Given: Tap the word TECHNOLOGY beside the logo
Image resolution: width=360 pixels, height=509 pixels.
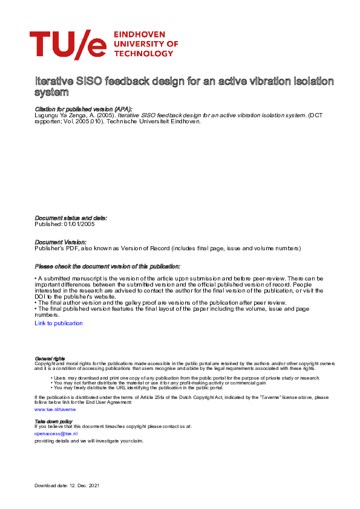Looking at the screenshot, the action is click(x=142, y=53).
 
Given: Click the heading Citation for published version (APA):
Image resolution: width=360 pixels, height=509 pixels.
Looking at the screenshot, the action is click(x=83, y=109).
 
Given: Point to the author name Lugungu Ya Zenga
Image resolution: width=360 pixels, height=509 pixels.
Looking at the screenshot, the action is click(x=57, y=115).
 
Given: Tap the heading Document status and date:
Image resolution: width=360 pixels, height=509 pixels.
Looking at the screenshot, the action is click(x=71, y=218).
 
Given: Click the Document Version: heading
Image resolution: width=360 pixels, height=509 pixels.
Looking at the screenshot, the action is click(x=61, y=242).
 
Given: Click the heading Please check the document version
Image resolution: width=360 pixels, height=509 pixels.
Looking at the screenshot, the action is click(x=107, y=267).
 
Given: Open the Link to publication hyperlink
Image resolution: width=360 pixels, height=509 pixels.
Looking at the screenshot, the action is click(x=59, y=323).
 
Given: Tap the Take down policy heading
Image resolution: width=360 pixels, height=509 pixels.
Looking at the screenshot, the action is click(x=53, y=421).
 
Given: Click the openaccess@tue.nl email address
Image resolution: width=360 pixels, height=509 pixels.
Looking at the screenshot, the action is click(x=56, y=433).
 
